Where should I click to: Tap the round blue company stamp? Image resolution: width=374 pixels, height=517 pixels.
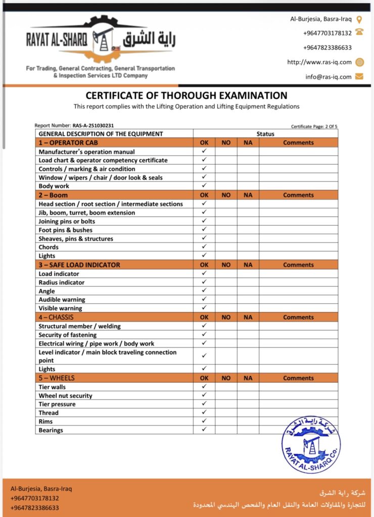pyautogui.click(x=311, y=445)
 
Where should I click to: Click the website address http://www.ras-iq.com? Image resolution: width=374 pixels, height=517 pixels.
pyautogui.click(x=319, y=62)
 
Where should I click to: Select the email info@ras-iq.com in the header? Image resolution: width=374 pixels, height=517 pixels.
pyautogui.click(x=328, y=77)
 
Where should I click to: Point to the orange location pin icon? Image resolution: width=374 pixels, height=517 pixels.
pyautogui.click(x=359, y=19)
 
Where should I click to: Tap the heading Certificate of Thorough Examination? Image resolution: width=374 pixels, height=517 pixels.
pyautogui.click(x=186, y=95)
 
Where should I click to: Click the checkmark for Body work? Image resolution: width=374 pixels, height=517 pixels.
pyautogui.click(x=204, y=186)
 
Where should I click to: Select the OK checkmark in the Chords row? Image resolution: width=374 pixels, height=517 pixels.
pyautogui.click(x=204, y=247)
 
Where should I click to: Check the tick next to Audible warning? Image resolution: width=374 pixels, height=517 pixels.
pyautogui.click(x=204, y=299)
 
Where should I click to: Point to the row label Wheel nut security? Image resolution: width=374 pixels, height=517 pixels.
pyautogui.click(x=65, y=396)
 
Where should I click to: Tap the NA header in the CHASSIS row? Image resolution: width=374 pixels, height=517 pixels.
pyautogui.click(x=248, y=318)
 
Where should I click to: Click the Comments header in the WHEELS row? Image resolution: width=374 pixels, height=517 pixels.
pyautogui.click(x=298, y=378)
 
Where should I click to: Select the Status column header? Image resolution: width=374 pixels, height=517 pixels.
pyautogui.click(x=265, y=134)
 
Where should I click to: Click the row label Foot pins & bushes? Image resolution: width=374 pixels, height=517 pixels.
pyautogui.click(x=66, y=230)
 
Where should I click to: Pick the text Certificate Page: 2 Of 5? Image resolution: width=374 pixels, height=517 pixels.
pyautogui.click(x=314, y=127)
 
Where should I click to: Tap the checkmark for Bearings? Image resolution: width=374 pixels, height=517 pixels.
pyautogui.click(x=204, y=430)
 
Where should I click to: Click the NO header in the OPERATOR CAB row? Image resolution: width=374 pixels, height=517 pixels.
pyautogui.click(x=226, y=143)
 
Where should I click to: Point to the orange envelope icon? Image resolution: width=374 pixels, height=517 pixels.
pyautogui.click(x=359, y=77)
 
